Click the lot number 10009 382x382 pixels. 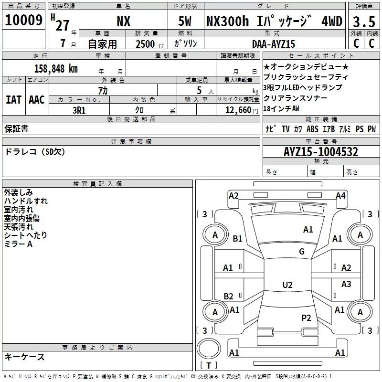click(24, 21)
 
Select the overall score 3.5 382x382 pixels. click(363, 22)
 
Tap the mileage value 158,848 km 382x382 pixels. click(56, 68)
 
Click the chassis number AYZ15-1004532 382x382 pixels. click(321, 152)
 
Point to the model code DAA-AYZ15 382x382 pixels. click(274, 44)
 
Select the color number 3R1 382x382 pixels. click(79, 110)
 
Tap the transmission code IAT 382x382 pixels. click(13, 100)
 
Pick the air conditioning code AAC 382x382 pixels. click(36, 100)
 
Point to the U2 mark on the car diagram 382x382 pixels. click(287, 285)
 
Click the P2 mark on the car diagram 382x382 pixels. click(306, 318)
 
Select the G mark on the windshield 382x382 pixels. click(301, 252)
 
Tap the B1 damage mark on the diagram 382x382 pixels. click(237, 239)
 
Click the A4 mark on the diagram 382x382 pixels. click(340, 195)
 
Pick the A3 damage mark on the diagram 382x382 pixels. click(346, 284)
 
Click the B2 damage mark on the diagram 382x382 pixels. click(229, 297)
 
